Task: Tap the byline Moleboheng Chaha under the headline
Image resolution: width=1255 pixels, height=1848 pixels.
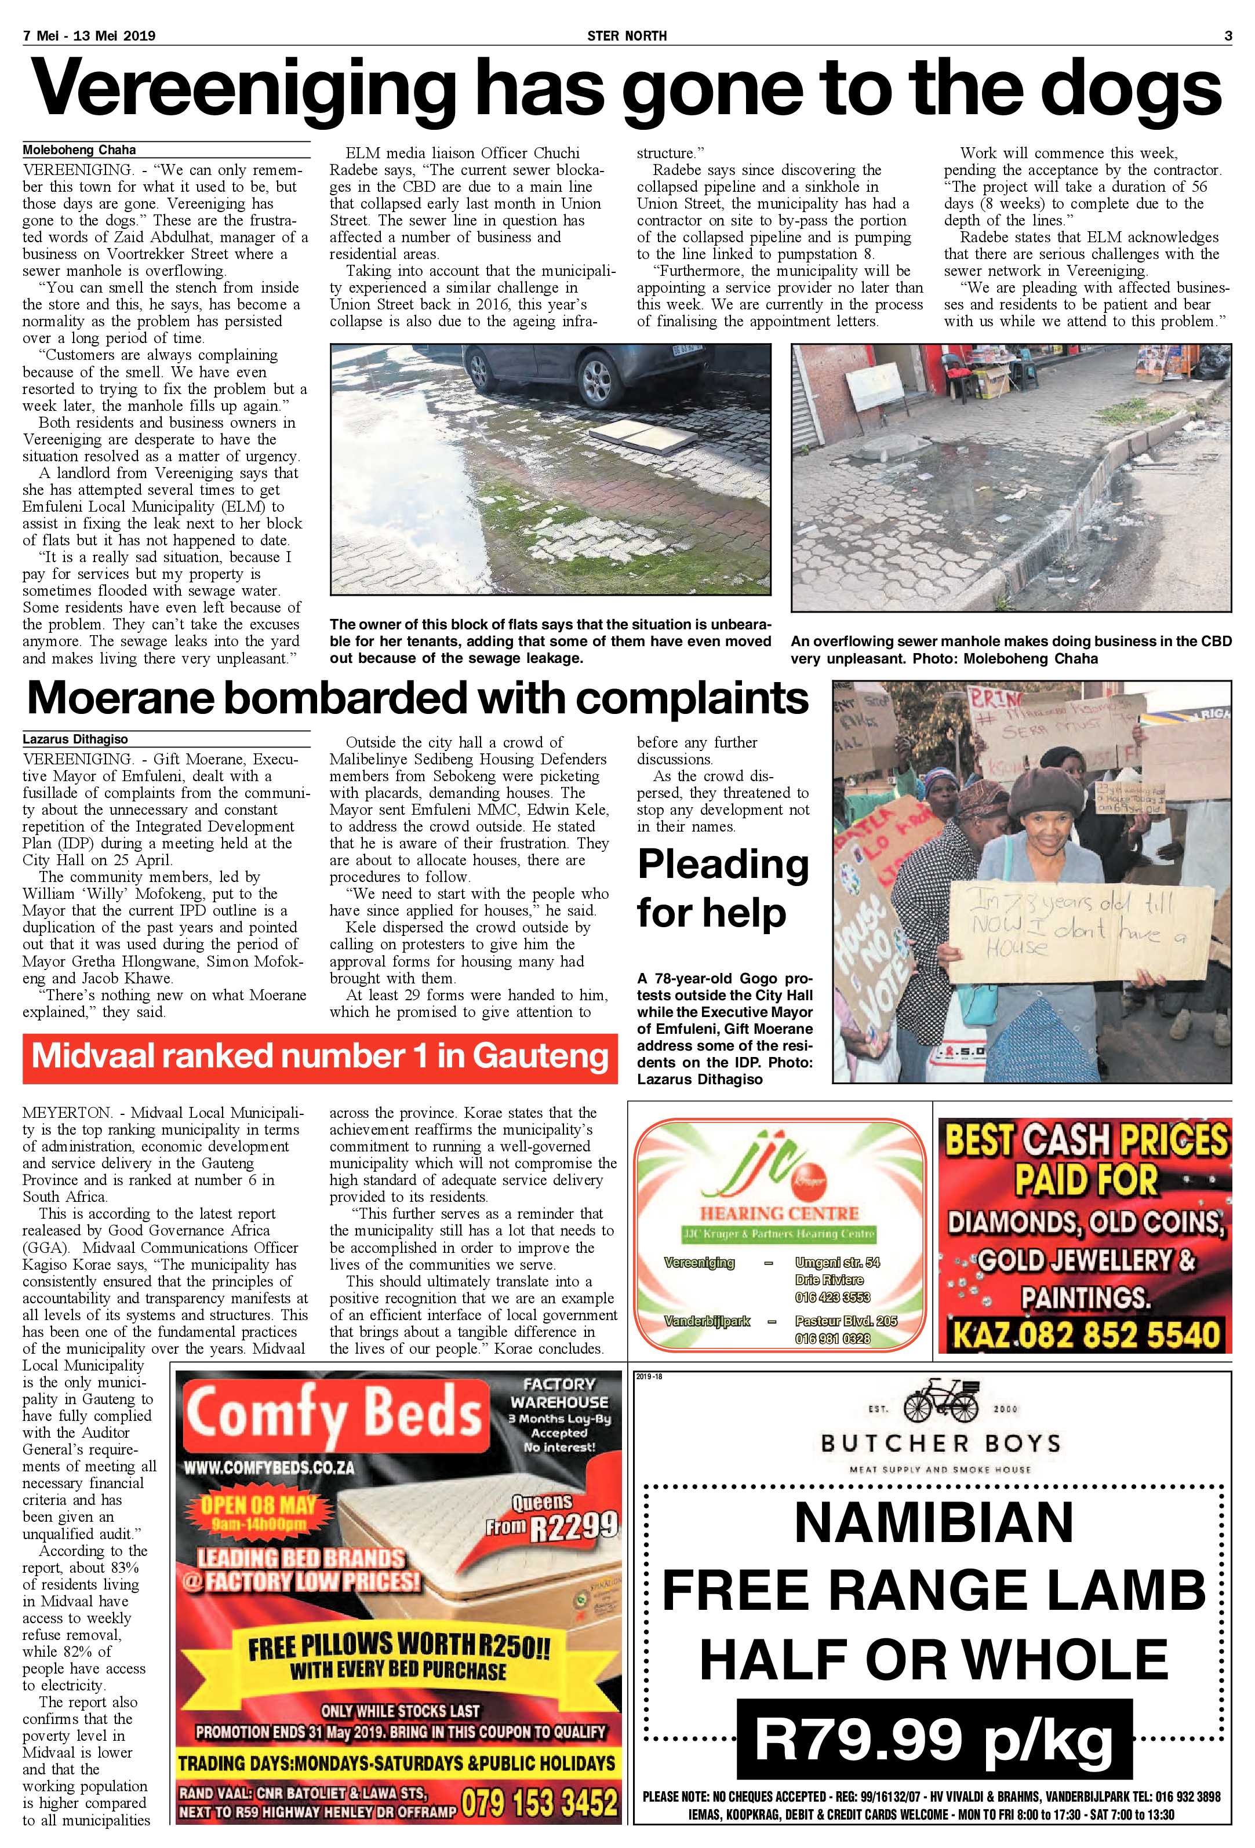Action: coord(79,150)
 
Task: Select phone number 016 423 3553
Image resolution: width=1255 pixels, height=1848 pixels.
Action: coord(832,1297)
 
